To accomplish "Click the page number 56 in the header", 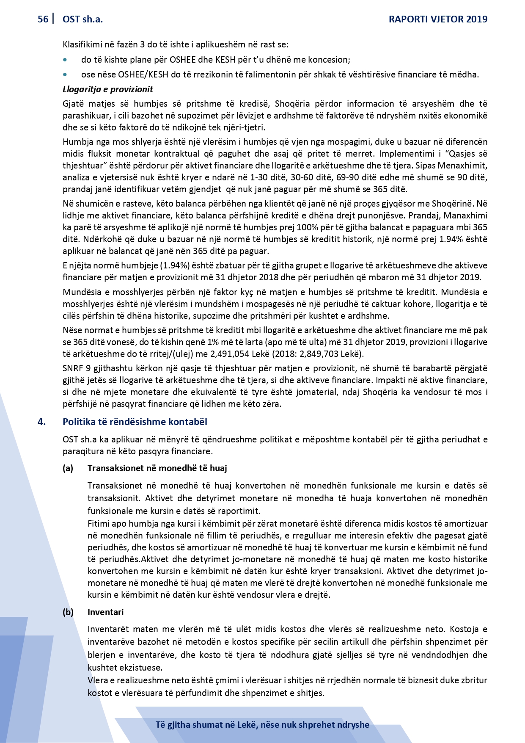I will pyautogui.click(x=43, y=19).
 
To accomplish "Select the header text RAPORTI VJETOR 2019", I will pyautogui.click(x=438, y=19).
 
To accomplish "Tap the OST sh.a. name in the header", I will pyautogui.click(x=82, y=19).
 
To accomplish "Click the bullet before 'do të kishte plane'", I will pyautogui.click(x=65, y=60).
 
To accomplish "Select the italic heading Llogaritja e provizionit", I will pyautogui.click(x=107, y=89).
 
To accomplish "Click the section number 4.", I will pyautogui.click(x=41, y=422).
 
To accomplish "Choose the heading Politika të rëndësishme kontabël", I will pyautogui.click(x=135, y=422).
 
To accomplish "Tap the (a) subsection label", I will pyautogui.click(x=68, y=468).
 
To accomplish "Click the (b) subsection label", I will pyautogui.click(x=68, y=612).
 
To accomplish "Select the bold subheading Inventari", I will pyautogui.click(x=106, y=612).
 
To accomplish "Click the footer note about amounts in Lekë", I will pyautogui.click(x=262, y=724).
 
